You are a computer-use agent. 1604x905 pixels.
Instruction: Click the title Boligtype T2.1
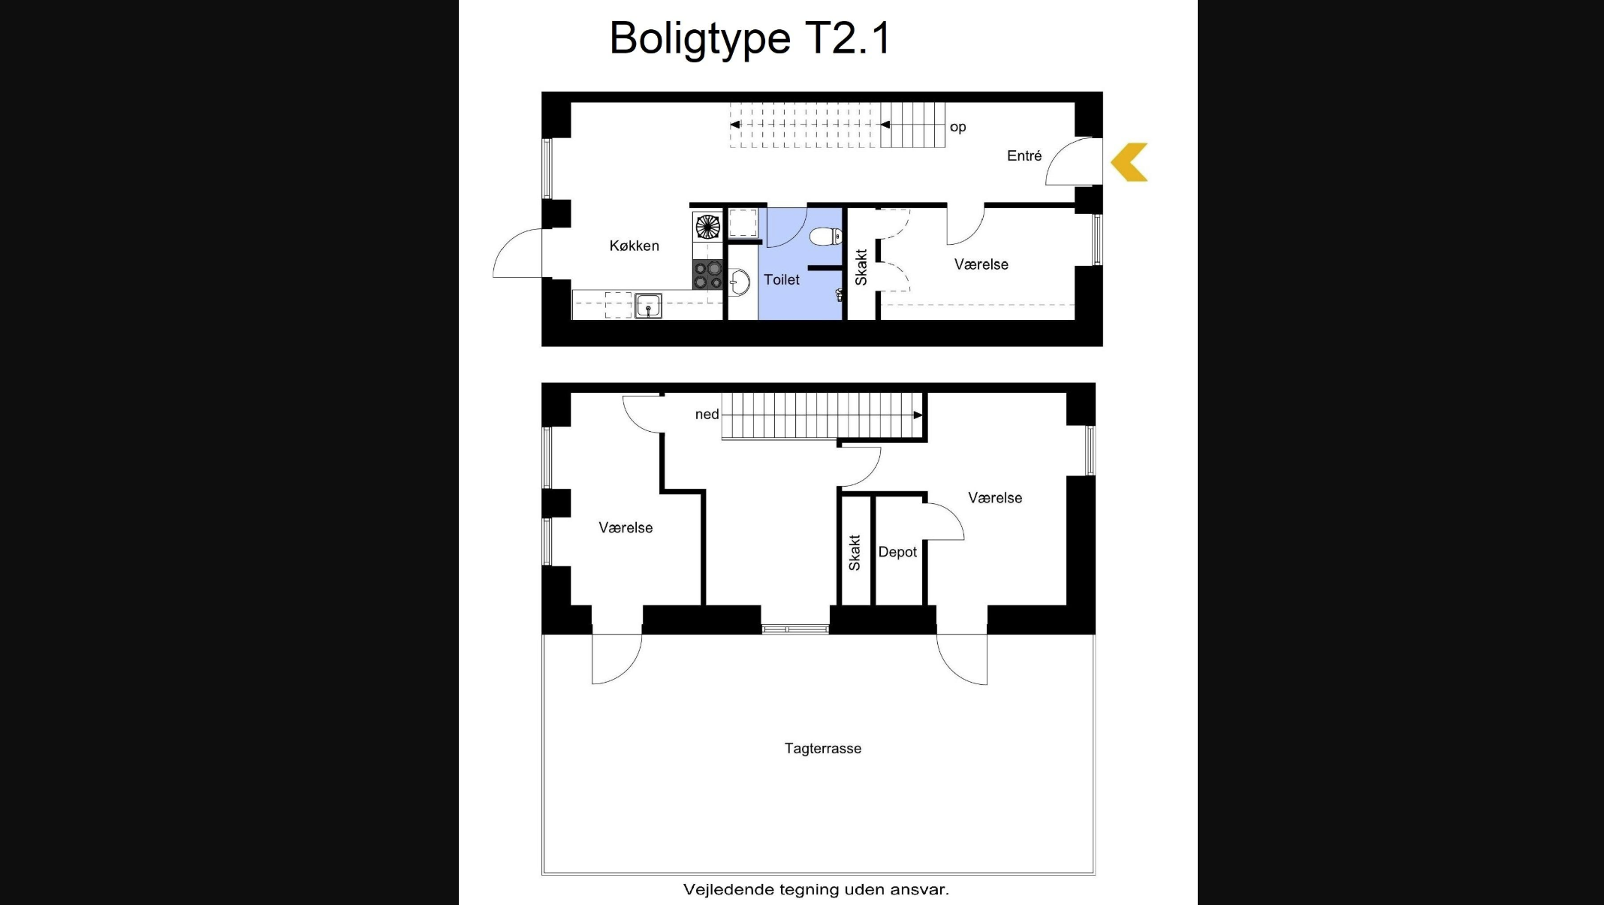pos(749,38)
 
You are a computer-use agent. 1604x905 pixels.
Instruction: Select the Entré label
pos(1024,155)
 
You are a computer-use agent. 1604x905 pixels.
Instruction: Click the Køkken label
pos(634,246)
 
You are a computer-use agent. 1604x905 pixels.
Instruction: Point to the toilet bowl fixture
pos(826,237)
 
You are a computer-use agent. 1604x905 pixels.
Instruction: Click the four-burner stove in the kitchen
pos(707,275)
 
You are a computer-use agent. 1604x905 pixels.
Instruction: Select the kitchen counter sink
pos(648,306)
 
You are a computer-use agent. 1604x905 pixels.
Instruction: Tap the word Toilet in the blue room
pos(782,279)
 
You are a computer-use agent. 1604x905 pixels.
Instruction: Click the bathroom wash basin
pos(739,283)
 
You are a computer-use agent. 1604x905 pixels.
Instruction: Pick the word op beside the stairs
pos(957,127)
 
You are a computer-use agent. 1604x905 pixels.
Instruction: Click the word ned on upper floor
pos(707,414)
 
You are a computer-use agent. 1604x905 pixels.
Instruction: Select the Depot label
pos(897,552)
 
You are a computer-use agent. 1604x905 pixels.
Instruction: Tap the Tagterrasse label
pos(823,748)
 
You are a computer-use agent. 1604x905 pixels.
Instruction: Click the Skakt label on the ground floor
pos(861,267)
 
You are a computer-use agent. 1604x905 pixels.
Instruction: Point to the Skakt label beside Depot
pos(855,553)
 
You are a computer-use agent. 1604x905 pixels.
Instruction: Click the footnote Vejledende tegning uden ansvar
pos(816,889)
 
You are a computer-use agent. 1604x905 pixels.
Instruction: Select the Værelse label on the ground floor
pos(981,264)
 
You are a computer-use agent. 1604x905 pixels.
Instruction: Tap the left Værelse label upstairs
pos(626,528)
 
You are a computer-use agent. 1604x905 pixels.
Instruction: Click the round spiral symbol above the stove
pos(707,226)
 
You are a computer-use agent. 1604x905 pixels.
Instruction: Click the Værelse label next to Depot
pos(995,498)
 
